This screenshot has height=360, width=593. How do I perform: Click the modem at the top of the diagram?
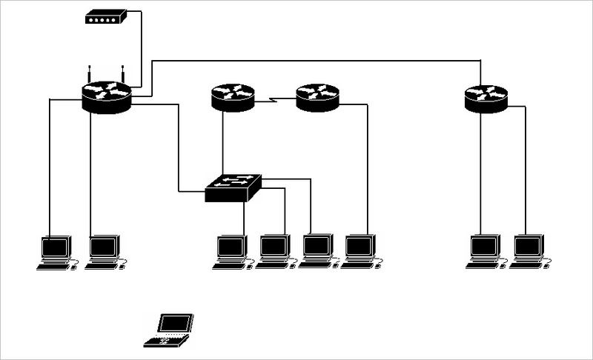click(x=105, y=17)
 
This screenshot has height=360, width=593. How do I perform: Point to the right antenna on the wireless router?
click(x=123, y=75)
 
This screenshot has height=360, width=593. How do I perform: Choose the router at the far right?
click(x=486, y=98)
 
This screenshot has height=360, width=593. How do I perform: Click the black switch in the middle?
click(x=233, y=189)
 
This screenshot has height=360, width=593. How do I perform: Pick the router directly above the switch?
click(x=233, y=97)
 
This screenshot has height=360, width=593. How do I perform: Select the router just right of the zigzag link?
click(x=317, y=97)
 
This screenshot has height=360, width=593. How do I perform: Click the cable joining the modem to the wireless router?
click(x=141, y=44)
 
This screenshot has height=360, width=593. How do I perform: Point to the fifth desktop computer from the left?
click(x=317, y=250)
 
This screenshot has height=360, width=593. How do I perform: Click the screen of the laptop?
click(x=176, y=323)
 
